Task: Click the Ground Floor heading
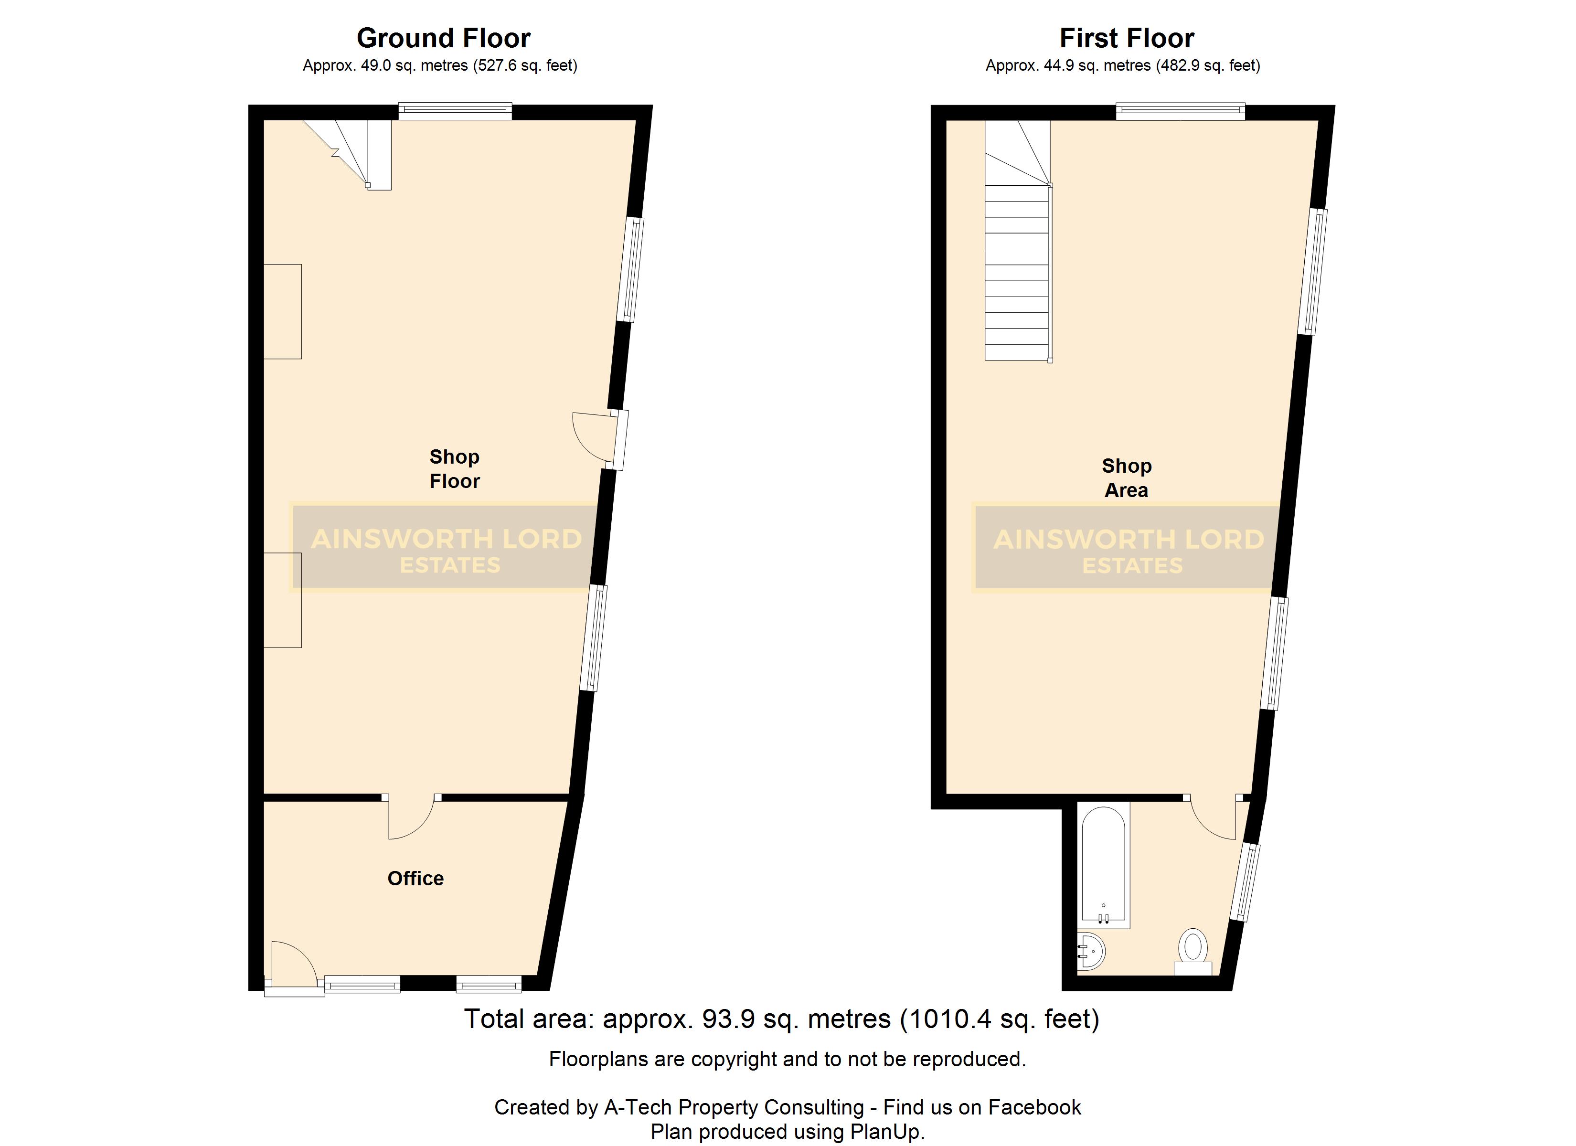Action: (443, 38)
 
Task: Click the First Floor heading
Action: (1127, 38)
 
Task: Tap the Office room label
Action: (415, 879)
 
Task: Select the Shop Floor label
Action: (455, 469)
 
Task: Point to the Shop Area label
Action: (1127, 478)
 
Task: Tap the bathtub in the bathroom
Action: (1104, 865)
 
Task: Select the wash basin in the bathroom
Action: (1090, 951)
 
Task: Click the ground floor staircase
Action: (348, 154)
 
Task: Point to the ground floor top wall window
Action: (455, 111)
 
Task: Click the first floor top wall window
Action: (1180, 111)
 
